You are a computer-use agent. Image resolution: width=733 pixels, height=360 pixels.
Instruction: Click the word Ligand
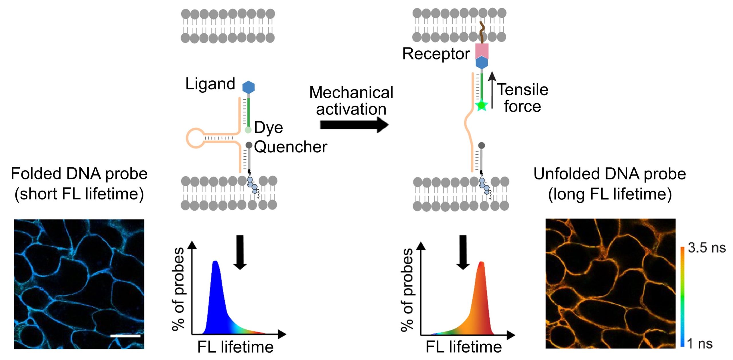(210, 84)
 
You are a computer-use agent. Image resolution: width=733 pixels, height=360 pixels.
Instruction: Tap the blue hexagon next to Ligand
(248, 87)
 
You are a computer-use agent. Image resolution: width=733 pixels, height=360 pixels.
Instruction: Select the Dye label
(268, 128)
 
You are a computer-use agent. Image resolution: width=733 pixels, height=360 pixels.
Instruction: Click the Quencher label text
(290, 147)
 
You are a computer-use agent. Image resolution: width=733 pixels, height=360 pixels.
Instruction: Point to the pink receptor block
(482, 51)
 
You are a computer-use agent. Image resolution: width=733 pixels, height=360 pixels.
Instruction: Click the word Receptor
(436, 54)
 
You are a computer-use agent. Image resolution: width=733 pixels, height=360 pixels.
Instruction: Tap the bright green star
(482, 106)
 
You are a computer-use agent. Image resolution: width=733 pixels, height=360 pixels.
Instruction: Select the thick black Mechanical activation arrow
(354, 125)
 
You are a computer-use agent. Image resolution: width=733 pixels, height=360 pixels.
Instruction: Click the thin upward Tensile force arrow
(492, 90)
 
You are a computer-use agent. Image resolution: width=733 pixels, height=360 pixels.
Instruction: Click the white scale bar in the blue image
(125, 336)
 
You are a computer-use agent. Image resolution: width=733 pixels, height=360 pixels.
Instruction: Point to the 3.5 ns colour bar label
(707, 248)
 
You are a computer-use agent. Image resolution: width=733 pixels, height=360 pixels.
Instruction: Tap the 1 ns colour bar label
(699, 343)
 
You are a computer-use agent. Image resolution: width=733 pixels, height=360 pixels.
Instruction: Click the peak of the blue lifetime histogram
(215, 262)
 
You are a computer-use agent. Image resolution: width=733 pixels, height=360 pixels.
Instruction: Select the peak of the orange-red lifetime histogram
(482, 263)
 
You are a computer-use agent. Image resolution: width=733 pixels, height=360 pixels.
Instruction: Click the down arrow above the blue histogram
(240, 252)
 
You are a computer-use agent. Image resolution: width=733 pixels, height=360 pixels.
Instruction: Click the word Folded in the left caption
(36, 174)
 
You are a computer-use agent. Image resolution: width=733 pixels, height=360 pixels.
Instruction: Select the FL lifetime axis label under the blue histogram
(235, 347)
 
